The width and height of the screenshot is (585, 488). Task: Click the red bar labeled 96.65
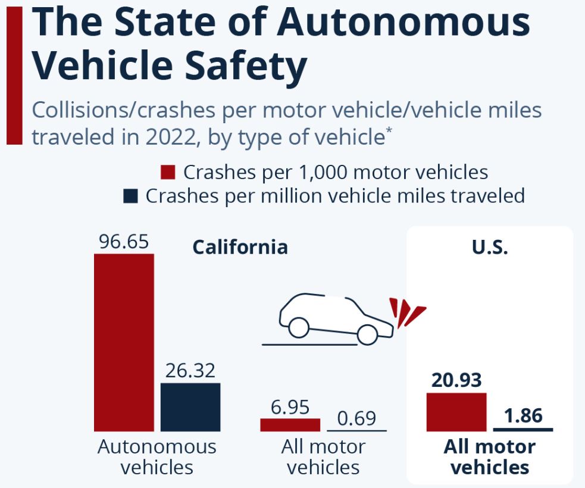[x=124, y=342]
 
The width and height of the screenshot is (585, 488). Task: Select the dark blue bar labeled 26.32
[x=190, y=407]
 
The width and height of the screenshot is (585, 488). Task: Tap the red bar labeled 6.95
[x=290, y=424]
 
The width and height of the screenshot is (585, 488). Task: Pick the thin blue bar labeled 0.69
[x=357, y=430]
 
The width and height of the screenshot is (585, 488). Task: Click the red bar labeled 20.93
[x=456, y=412]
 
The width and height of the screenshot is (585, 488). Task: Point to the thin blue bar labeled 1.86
[x=523, y=429]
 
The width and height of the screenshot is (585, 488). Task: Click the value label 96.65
[x=124, y=242]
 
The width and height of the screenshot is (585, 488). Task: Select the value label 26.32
[x=190, y=370]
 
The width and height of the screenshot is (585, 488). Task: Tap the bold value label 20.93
[x=456, y=380]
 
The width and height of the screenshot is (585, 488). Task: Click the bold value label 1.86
[x=523, y=415]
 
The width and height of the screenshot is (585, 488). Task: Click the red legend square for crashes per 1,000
[x=168, y=173]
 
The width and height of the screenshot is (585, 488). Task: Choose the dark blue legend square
[x=130, y=196]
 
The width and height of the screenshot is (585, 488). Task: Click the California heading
[x=240, y=247]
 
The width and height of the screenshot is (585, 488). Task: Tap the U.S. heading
[x=490, y=247]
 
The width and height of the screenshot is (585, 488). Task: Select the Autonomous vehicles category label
[x=157, y=456]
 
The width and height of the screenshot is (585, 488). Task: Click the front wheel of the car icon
[x=368, y=334]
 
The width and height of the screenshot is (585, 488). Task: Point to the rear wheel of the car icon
[x=298, y=327]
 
